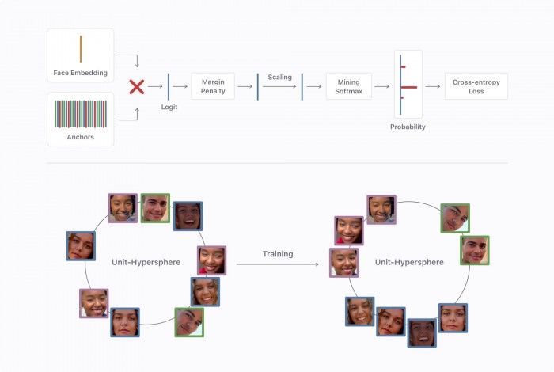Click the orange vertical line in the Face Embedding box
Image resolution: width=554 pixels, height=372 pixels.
click(80, 49)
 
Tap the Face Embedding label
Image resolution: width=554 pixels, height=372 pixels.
click(80, 73)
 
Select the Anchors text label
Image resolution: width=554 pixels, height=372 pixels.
click(80, 136)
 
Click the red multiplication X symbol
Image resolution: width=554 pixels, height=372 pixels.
click(136, 86)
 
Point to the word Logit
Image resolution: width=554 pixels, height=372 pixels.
click(169, 106)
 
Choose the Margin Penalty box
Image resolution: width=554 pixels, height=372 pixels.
click(214, 85)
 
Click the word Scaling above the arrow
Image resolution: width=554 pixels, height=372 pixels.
click(279, 77)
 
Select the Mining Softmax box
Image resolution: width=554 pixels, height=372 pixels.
click(349, 85)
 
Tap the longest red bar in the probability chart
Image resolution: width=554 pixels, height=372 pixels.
click(408, 86)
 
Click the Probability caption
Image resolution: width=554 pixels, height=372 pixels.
click(408, 127)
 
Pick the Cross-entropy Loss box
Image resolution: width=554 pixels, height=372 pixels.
click(476, 85)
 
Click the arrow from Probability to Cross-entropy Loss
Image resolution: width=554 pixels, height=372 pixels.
click(432, 86)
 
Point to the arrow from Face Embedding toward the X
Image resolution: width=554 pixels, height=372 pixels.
click(130, 58)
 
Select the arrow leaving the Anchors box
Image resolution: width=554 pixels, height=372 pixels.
click(130, 116)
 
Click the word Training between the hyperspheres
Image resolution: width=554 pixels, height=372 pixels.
click(278, 254)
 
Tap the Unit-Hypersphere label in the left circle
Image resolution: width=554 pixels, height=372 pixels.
click(146, 261)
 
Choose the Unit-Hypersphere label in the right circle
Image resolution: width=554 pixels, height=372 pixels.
click(409, 261)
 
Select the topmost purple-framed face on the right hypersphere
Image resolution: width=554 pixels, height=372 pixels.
click(381, 210)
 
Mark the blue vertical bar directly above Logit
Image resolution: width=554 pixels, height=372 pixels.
click(169, 85)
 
